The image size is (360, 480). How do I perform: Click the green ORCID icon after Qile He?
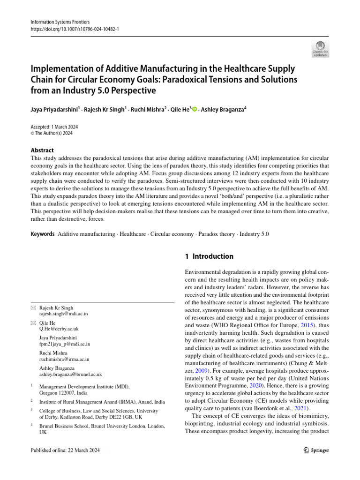tap(194, 109)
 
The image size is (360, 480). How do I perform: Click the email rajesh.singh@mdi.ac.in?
tap(63, 314)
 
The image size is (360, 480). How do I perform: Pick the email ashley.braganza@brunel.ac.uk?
tap(70, 375)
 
